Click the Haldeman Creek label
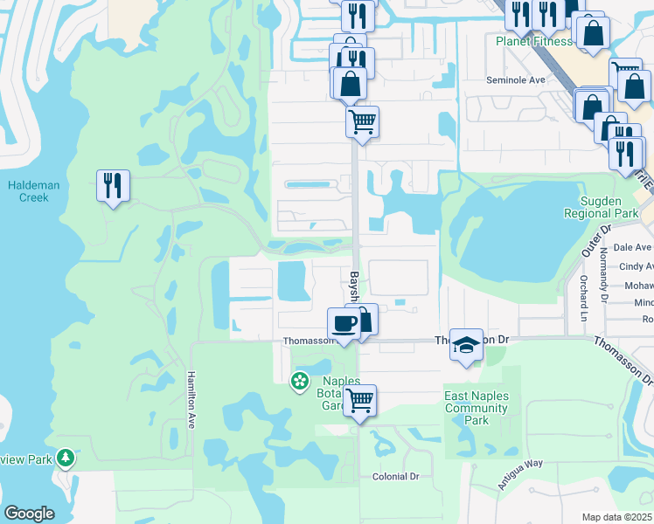28,191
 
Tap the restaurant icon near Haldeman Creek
113,186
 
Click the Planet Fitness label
533,41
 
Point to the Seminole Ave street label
516,79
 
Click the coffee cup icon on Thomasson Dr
344,323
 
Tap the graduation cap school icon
466,345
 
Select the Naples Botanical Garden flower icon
299,380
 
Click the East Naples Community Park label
476,408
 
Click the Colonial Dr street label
396,477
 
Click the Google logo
29,514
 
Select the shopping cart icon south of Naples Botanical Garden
359,401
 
